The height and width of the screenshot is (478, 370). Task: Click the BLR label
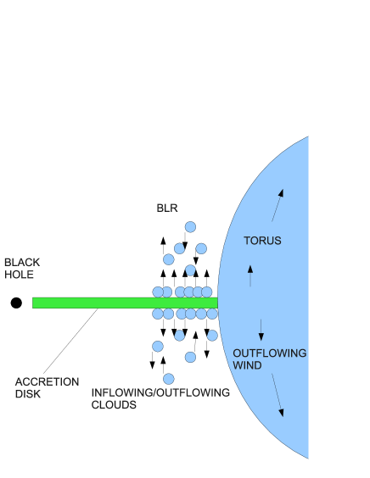pyautogui.click(x=167, y=208)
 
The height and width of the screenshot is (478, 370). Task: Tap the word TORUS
pyautogui.click(x=262, y=241)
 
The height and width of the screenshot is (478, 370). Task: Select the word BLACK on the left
pyautogui.click(x=22, y=262)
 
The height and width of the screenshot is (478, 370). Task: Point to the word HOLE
pyautogui.click(x=19, y=275)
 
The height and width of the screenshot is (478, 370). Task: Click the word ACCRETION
pyautogui.click(x=47, y=381)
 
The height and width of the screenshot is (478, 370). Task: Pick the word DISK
pyautogui.click(x=28, y=394)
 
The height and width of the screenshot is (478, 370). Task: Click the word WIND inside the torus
pyautogui.click(x=247, y=365)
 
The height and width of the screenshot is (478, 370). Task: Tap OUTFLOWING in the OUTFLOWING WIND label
pyautogui.click(x=270, y=353)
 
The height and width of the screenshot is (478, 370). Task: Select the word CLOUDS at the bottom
pyautogui.click(x=115, y=405)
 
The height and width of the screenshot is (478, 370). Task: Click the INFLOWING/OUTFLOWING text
pyautogui.click(x=160, y=392)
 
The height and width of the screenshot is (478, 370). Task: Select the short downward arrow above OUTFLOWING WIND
pyautogui.click(x=261, y=330)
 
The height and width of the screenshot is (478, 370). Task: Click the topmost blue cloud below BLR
pyautogui.click(x=190, y=227)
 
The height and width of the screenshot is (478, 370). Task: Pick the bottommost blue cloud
pyautogui.click(x=169, y=379)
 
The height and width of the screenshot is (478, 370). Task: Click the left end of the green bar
pyautogui.click(x=35, y=303)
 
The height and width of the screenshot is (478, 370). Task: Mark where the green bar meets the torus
pyautogui.click(x=217, y=303)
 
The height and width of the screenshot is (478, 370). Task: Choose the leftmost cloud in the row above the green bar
pyautogui.click(x=158, y=292)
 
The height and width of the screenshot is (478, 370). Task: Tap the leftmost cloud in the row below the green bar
pyautogui.click(x=158, y=314)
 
